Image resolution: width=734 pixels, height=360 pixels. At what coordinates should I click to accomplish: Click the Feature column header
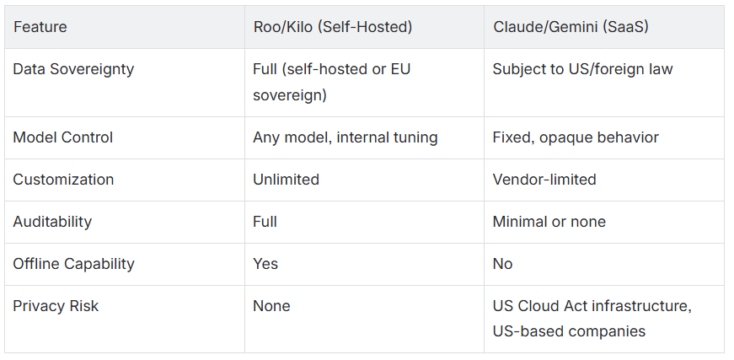point(40,27)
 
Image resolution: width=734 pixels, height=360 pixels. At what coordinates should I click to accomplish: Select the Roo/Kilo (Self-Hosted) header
point(332,27)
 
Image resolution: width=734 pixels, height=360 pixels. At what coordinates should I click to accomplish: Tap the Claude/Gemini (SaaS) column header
point(571,27)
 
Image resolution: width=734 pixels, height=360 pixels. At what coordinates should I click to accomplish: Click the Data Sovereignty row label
point(73,69)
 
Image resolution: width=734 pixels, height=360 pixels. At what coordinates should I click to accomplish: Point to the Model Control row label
point(62,137)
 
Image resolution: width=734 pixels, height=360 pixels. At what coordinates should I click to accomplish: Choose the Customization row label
point(63,180)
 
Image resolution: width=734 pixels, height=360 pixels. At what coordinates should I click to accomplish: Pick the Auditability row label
point(52,222)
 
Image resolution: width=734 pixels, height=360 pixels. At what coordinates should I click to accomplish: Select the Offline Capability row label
point(73,264)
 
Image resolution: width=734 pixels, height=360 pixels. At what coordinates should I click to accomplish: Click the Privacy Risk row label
point(56,306)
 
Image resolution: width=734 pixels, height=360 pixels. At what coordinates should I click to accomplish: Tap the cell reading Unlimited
point(286,180)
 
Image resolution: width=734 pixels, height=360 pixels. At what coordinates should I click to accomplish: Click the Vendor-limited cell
point(544,180)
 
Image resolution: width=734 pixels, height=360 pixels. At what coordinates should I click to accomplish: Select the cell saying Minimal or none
point(549,222)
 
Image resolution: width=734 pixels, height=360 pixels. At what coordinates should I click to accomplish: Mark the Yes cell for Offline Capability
point(265,264)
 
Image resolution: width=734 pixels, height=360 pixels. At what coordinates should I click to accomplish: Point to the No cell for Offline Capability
point(502,264)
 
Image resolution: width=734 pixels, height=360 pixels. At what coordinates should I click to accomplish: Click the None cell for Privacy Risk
point(271,306)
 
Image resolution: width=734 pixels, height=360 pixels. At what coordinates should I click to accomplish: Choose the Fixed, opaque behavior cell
point(576,137)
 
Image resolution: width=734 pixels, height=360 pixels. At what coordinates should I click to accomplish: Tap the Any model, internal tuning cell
point(345,137)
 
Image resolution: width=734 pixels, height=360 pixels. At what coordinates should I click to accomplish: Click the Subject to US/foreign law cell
point(582,69)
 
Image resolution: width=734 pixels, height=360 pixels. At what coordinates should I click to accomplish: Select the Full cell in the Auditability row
point(265,222)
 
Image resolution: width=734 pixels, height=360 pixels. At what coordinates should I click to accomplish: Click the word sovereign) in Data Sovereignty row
point(289,95)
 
